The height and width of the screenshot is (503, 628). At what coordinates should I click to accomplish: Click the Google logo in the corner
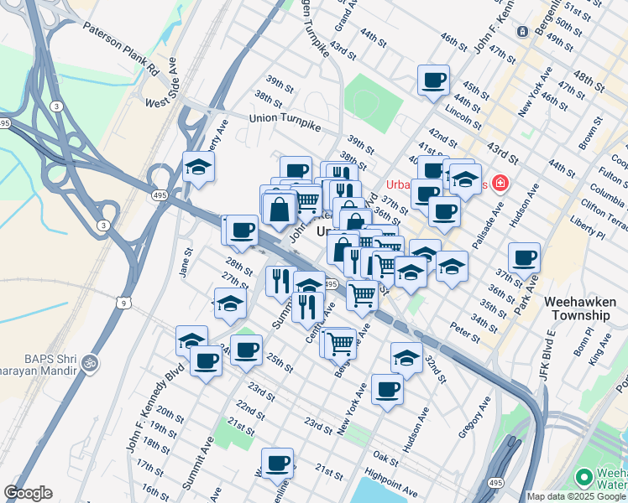[x=28, y=493]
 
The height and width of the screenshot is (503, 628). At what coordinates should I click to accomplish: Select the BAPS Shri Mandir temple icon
[x=90, y=364]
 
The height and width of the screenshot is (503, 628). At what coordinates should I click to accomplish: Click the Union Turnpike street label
[x=286, y=118]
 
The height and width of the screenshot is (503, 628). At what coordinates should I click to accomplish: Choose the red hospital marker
[x=500, y=182]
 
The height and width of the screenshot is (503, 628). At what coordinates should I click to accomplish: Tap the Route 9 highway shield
[x=124, y=303]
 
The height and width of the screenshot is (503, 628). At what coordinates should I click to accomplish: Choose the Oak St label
[x=385, y=459]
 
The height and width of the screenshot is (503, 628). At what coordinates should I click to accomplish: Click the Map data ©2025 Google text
[x=575, y=496]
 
